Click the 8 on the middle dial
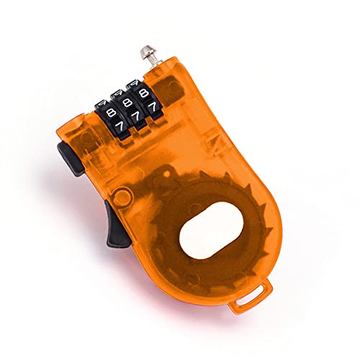coord(129,105)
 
